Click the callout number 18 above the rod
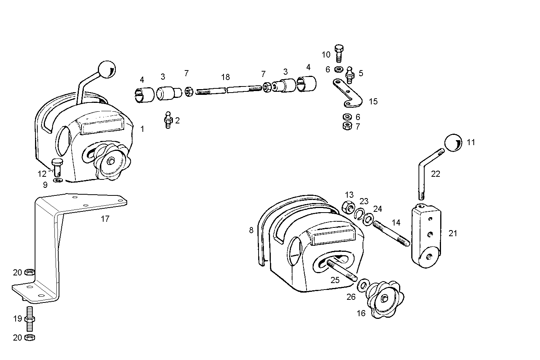click(x=225, y=77)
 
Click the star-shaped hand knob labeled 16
click(x=384, y=300)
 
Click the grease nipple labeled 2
click(x=168, y=120)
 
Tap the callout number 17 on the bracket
click(x=105, y=219)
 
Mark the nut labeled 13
click(x=348, y=207)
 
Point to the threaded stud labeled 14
click(x=391, y=233)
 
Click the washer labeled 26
click(x=362, y=284)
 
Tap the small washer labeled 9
click(x=58, y=180)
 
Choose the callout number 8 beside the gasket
click(x=251, y=230)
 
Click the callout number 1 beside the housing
click(x=142, y=129)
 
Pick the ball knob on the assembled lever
click(x=107, y=70)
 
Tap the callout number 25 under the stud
click(x=335, y=280)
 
